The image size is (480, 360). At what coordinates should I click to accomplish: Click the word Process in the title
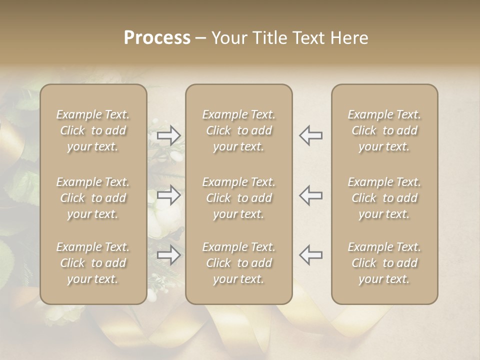(157, 38)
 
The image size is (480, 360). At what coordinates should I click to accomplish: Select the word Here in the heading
(349, 38)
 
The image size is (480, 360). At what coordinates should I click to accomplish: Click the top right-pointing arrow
(169, 135)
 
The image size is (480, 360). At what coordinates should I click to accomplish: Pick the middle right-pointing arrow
(169, 195)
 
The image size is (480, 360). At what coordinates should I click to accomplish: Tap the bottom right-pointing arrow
(169, 255)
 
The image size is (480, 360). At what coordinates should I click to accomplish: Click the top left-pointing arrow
(310, 135)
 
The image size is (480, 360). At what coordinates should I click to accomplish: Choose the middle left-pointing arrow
(310, 195)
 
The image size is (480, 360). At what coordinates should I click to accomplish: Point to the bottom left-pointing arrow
(310, 255)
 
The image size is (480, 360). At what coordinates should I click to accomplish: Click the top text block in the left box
(93, 130)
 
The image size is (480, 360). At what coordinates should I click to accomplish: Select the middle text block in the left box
(93, 198)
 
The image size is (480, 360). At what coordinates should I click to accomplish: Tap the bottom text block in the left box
(93, 263)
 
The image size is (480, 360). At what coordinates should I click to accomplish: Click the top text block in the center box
(239, 130)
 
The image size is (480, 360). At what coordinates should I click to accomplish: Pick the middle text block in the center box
(239, 198)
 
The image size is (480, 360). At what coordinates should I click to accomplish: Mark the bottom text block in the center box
(239, 263)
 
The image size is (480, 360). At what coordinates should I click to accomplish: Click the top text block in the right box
(384, 130)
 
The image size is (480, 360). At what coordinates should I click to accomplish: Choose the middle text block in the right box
(384, 198)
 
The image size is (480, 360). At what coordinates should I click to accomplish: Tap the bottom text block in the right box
(384, 263)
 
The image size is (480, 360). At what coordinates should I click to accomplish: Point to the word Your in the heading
(228, 38)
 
